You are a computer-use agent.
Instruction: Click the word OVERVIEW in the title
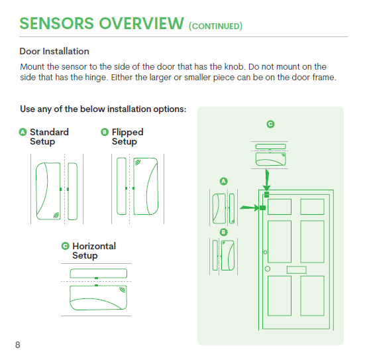pos(141,23)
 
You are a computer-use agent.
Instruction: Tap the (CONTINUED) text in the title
pos(215,26)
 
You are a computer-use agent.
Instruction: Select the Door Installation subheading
pos(54,51)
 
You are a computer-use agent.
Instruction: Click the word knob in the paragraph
pos(234,66)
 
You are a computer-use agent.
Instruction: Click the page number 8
pos(17,345)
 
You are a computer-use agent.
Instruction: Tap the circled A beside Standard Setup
pos(23,132)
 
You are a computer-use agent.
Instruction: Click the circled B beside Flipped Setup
pos(105,132)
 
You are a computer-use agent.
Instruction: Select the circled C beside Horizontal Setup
pos(65,246)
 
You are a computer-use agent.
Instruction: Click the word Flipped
pos(127,132)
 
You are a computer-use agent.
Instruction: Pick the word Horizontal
pos(94,246)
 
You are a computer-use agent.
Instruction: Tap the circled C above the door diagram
pos(270,124)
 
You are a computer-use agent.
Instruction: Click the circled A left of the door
pos(224,182)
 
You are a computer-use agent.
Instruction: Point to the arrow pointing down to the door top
pos(267,180)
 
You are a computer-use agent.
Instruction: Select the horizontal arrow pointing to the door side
pos(250,208)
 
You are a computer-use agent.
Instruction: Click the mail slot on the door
pos(297,270)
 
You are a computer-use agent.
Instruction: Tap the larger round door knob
pos(268,269)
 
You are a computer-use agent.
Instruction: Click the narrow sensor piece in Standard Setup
pos(73,191)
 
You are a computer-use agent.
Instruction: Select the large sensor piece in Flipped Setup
pos(146,186)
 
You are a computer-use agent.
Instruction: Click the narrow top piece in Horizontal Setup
pos(99,273)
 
